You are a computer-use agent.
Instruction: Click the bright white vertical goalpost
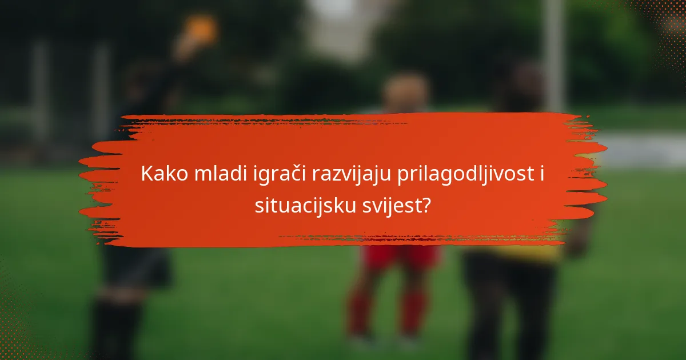point(553,57)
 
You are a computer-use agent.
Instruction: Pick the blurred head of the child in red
point(405,91)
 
